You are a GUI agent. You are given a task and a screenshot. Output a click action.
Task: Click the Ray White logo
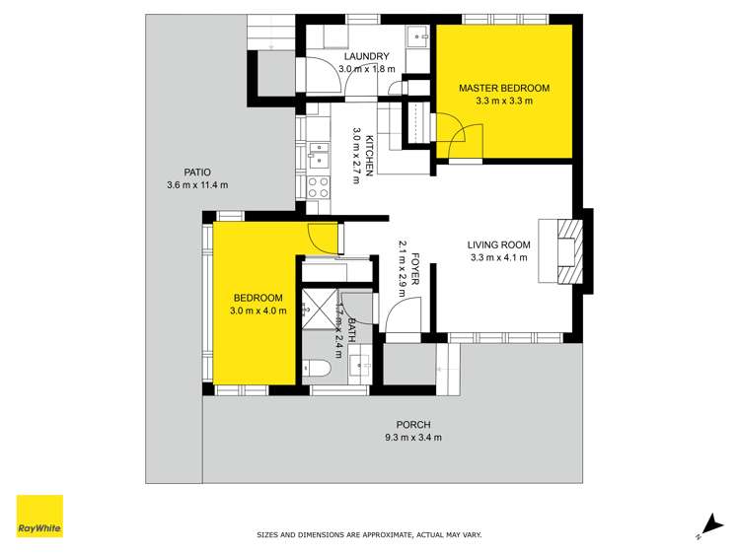pos(39,516)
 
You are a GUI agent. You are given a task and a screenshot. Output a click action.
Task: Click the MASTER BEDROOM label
pos(503,89)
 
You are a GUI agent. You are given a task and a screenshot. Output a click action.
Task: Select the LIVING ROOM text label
pos(498,245)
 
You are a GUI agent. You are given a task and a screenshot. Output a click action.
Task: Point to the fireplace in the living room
pos(569,251)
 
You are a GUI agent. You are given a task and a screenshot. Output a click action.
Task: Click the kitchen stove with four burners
pos(318,186)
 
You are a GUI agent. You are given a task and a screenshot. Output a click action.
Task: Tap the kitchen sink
pos(318,154)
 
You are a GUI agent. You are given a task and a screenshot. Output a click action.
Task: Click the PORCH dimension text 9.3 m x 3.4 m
pos(413,438)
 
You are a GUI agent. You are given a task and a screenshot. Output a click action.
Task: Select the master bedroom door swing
pos(459,138)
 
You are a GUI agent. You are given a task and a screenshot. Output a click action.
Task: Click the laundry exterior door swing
pos(324,77)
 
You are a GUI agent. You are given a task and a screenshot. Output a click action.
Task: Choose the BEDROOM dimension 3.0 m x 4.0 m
pos(258,312)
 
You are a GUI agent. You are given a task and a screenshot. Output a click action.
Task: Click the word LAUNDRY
pos(367,56)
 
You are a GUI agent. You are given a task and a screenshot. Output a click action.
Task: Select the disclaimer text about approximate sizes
pos(369,534)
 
